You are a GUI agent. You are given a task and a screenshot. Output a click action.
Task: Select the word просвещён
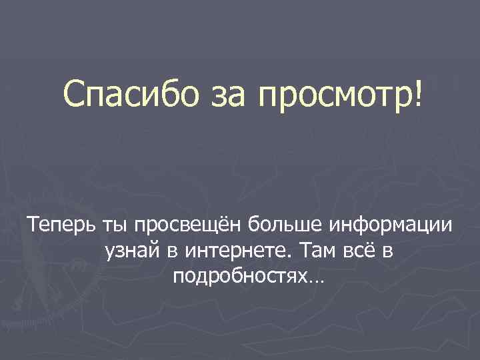coord(188,228)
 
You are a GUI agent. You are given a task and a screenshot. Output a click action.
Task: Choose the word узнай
coord(132,251)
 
